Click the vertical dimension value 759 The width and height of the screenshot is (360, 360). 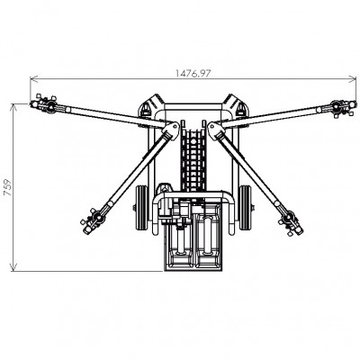[6, 187]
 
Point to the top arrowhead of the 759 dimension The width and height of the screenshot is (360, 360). [13, 105]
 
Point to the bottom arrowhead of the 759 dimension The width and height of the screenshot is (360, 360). [13, 270]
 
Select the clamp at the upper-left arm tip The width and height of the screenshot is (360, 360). [42, 105]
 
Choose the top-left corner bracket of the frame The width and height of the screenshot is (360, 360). [149, 105]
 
